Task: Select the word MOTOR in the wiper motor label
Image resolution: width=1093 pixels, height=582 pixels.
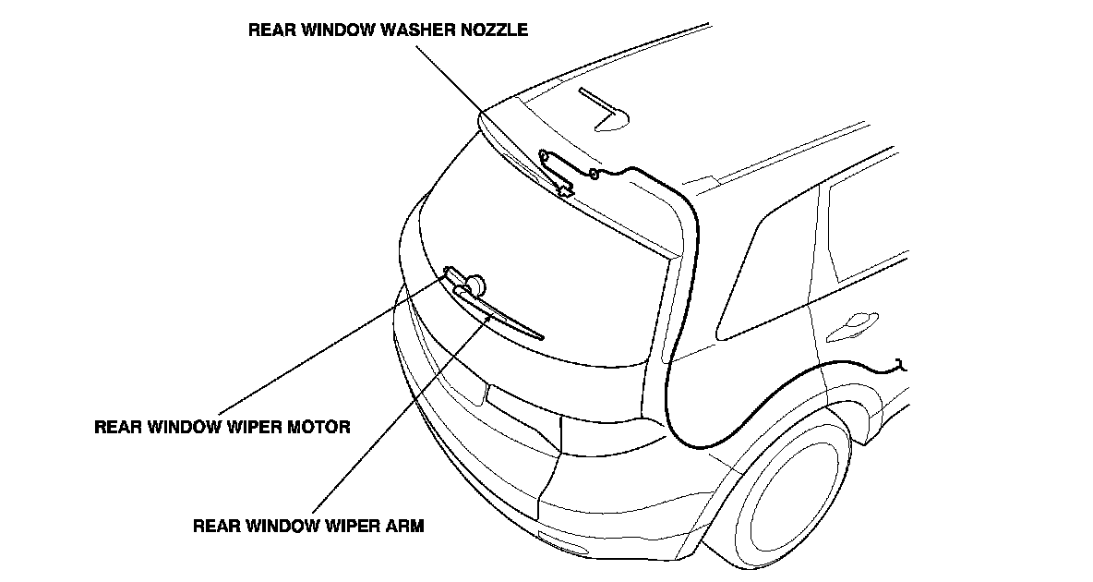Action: [318, 428]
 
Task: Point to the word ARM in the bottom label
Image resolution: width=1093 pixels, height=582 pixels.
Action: [407, 527]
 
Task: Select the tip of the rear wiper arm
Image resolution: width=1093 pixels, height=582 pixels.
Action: [539, 336]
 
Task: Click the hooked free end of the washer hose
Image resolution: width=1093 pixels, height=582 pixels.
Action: [901, 366]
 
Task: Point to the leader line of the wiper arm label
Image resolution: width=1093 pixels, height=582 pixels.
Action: [397, 416]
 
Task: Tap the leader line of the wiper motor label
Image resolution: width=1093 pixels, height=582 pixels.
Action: [332, 342]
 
